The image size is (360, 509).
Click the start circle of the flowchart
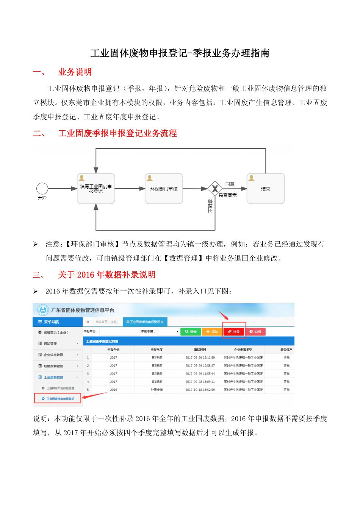coord(42,189)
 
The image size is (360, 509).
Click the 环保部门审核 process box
coord(164,189)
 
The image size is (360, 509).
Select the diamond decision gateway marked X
coord(215,189)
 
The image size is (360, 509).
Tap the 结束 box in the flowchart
coord(265,189)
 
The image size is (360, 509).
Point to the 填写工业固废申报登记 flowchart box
coord(96,189)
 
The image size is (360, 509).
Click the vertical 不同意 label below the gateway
coord(211,206)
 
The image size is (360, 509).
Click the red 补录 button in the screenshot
coord(234,332)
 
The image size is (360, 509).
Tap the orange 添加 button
coord(212,332)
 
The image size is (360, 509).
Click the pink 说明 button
coord(255,332)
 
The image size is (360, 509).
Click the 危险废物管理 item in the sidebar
coord(53,366)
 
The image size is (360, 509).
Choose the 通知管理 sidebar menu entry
coord(50,343)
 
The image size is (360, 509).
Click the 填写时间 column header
coord(200,350)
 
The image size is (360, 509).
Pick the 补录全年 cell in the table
coord(157,390)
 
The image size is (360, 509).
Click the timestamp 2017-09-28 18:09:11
coord(200,382)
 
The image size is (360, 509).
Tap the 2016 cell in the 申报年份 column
coord(114,390)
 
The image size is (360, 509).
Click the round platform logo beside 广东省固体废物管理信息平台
coord(43,310)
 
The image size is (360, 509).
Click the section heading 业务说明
coord(75,72)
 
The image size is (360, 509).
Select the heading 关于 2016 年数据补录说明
coord(106,275)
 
